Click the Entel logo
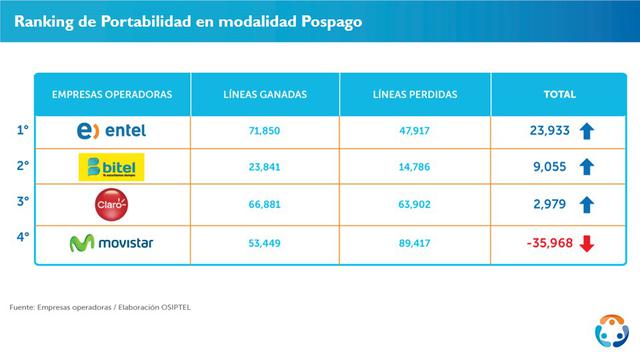[x=111, y=131]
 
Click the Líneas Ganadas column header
[x=264, y=94]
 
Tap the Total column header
[x=559, y=94]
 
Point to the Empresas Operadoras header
[x=112, y=94]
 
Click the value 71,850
[x=264, y=131]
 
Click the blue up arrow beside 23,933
[x=587, y=131]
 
